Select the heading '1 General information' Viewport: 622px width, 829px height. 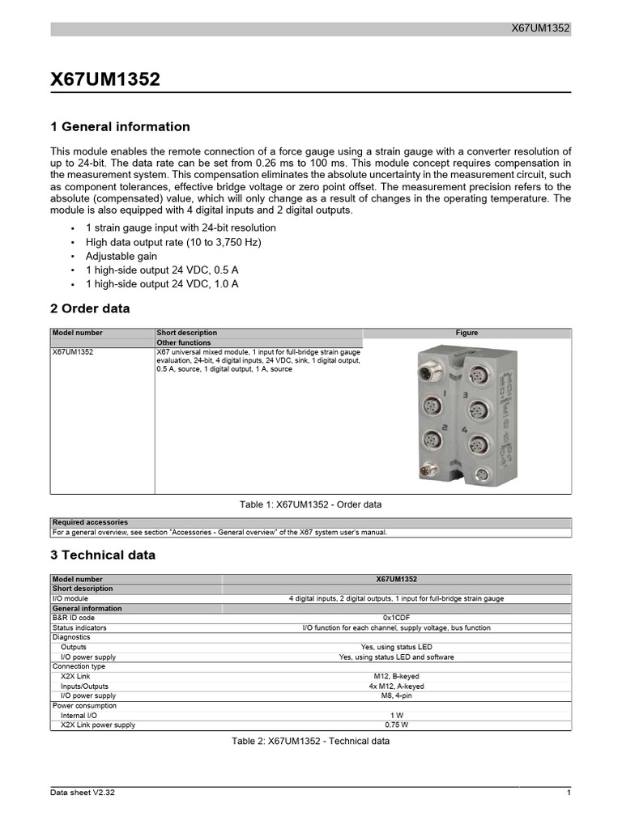(x=120, y=127)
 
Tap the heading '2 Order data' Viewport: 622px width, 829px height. (x=90, y=309)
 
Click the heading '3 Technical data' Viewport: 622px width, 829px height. (x=103, y=555)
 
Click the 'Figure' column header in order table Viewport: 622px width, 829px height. (x=466, y=333)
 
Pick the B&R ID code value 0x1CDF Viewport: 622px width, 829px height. (x=396, y=618)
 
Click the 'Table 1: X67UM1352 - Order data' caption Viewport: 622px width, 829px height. (x=310, y=504)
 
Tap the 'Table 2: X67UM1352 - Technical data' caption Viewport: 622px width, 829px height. (x=310, y=742)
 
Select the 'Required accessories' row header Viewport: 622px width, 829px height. (x=90, y=522)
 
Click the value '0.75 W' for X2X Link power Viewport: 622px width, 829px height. (x=396, y=725)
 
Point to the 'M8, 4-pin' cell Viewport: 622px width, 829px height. (x=396, y=695)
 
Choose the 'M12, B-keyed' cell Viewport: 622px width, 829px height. (x=396, y=676)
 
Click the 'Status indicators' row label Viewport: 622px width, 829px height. (x=79, y=627)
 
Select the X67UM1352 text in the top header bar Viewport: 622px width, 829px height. (x=540, y=28)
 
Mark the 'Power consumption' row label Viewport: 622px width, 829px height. (x=84, y=705)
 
